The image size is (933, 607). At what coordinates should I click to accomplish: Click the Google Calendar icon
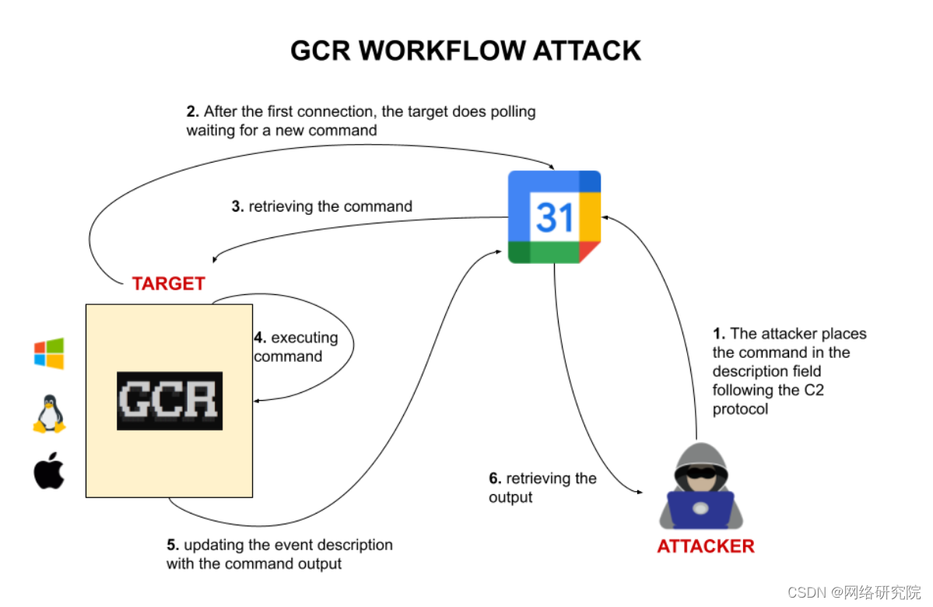(554, 216)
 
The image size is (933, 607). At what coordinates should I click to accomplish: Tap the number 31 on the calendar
(554, 217)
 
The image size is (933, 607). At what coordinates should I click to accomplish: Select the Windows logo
(49, 353)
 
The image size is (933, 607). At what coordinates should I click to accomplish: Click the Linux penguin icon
(49, 413)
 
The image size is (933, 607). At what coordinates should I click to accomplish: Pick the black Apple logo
(49, 470)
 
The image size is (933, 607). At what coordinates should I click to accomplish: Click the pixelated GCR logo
(170, 401)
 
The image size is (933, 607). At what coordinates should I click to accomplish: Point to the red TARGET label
(168, 284)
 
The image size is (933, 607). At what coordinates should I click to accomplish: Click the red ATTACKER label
(705, 546)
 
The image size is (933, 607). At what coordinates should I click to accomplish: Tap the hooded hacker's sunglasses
(700, 472)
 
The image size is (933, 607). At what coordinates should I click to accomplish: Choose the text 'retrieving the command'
(330, 207)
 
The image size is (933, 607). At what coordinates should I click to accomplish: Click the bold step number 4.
(260, 338)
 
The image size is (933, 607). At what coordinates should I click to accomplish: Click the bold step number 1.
(719, 334)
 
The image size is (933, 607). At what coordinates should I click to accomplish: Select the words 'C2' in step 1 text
(812, 390)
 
